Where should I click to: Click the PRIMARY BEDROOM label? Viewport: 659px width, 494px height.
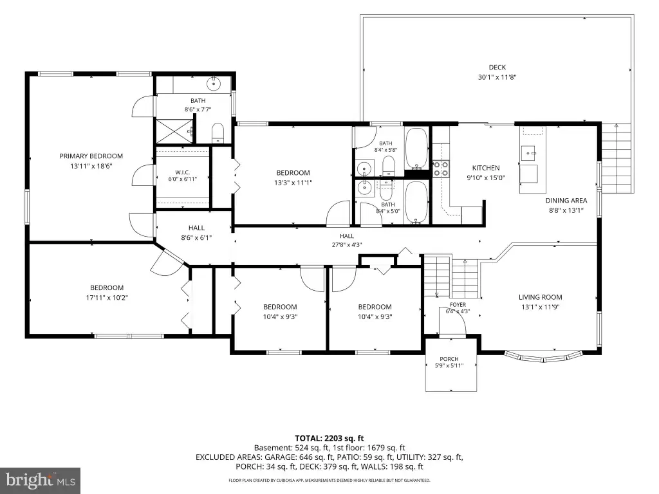click(x=91, y=156)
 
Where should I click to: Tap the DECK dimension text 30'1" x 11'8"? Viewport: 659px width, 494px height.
click(x=497, y=77)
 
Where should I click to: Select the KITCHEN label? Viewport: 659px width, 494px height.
click(x=486, y=168)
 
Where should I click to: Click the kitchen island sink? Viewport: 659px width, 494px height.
click(x=529, y=153)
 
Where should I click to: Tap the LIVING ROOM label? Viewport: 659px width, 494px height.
click(x=540, y=297)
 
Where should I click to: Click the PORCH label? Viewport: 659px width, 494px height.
click(x=449, y=359)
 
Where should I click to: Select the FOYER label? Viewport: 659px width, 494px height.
click(x=458, y=304)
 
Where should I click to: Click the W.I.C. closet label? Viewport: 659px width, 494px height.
click(x=182, y=172)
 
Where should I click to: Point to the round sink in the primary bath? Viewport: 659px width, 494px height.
click(x=214, y=84)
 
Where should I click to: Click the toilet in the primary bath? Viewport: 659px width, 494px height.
click(x=218, y=133)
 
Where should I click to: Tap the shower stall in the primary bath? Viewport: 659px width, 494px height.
click(x=174, y=131)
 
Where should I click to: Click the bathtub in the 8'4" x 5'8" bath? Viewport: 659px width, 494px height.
click(x=416, y=149)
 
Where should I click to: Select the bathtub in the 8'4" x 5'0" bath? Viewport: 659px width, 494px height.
click(x=416, y=202)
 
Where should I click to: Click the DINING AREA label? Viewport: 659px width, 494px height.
click(x=566, y=201)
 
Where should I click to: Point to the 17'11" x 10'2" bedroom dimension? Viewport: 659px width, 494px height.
click(x=107, y=298)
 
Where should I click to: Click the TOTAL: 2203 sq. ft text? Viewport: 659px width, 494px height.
click(x=329, y=439)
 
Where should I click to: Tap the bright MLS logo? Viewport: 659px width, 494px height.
click(x=41, y=480)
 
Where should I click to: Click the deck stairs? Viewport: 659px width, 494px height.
click(x=616, y=158)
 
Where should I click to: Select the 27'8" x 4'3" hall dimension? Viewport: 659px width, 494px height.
click(x=347, y=245)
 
